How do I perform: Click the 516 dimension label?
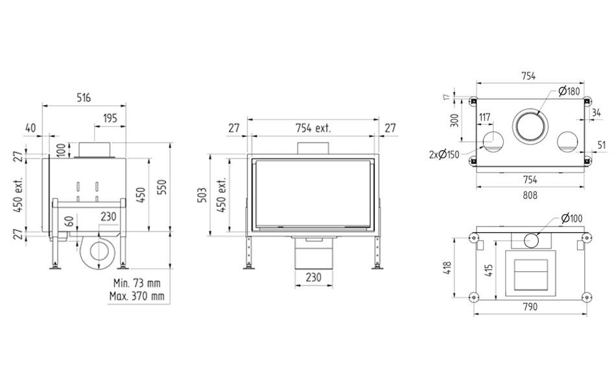(x=84, y=97)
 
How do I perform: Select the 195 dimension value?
(x=110, y=118)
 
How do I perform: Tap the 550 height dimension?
(x=162, y=187)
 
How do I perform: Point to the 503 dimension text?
(x=202, y=195)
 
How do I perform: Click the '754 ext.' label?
(x=313, y=128)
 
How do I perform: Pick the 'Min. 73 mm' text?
(x=137, y=283)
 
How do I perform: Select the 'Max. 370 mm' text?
(x=137, y=296)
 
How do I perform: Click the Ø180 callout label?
(x=569, y=91)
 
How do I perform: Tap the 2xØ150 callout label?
(x=444, y=154)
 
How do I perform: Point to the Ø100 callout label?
(x=572, y=218)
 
